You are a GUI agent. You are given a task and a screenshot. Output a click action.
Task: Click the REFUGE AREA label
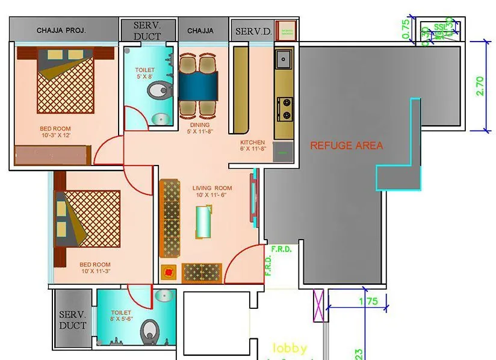click(346, 145)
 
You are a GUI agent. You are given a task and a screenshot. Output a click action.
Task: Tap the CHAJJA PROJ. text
click(61, 30)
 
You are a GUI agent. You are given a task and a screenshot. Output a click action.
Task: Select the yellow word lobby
click(290, 348)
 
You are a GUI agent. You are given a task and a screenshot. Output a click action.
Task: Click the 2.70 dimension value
click(480, 85)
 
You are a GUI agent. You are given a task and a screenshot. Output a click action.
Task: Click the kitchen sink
click(283, 59)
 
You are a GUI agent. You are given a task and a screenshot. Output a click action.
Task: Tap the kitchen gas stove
click(284, 108)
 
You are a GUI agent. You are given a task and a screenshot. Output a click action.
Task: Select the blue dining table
click(198, 85)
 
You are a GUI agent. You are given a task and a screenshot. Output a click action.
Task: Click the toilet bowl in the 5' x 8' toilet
click(158, 92)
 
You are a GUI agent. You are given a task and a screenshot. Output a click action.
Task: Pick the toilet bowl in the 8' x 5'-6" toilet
click(150, 331)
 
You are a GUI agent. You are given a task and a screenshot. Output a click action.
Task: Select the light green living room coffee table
click(203, 222)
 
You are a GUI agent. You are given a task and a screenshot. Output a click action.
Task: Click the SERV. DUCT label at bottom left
click(73, 320)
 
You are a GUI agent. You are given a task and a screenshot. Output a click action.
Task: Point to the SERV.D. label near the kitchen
click(253, 31)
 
